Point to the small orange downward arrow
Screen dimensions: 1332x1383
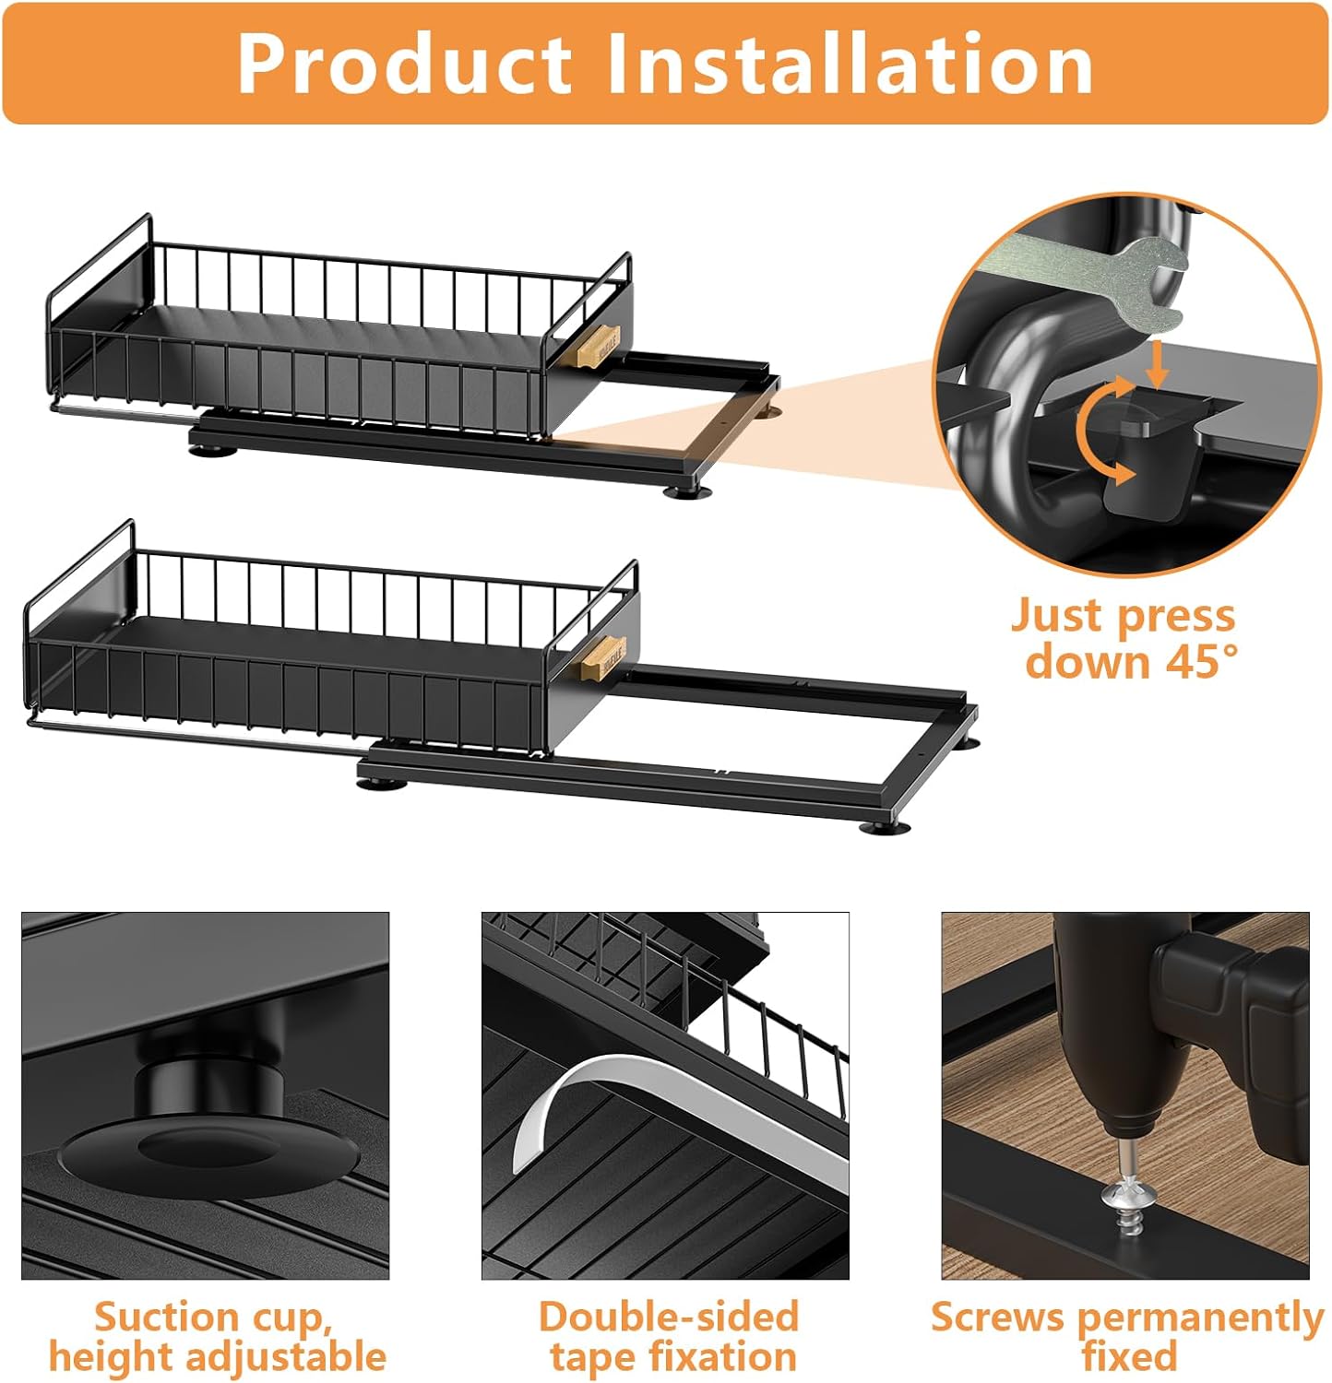[x=1158, y=364]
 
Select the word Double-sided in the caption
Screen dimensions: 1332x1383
[x=669, y=1317]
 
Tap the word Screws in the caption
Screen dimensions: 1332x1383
[x=996, y=1317]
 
